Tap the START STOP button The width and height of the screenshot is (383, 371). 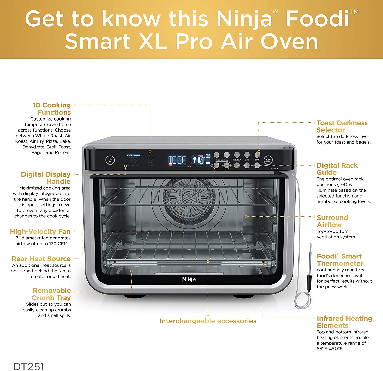(x=268, y=160)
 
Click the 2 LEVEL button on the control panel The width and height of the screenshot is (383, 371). (x=217, y=155)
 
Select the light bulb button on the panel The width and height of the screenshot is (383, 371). (x=227, y=155)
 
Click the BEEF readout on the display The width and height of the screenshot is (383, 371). (x=177, y=160)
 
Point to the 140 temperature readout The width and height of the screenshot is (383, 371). (x=198, y=160)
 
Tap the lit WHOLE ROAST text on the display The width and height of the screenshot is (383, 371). (x=133, y=155)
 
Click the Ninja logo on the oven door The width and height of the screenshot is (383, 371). (x=189, y=279)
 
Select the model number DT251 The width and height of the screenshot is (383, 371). (x=29, y=366)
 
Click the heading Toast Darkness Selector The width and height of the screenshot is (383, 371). (x=342, y=126)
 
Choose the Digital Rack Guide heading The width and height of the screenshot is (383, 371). (x=337, y=169)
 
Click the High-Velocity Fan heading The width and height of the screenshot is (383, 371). (x=40, y=232)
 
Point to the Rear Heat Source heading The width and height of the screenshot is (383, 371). (x=41, y=259)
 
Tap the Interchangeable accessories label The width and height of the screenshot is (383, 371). (x=208, y=321)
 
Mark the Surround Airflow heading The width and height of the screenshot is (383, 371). (x=332, y=221)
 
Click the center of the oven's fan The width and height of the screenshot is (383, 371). (x=189, y=197)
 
